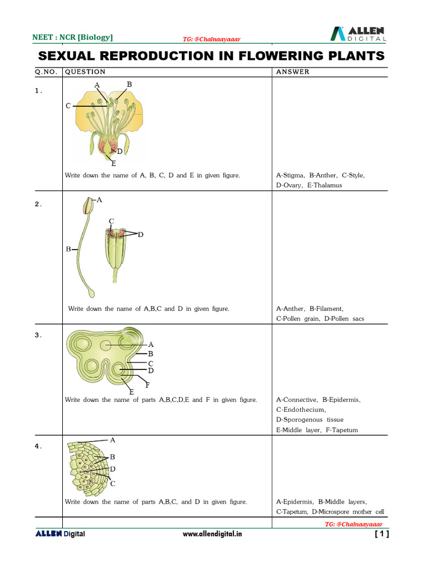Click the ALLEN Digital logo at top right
[x=358, y=34]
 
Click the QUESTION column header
[x=85, y=72]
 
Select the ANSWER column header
[x=292, y=72]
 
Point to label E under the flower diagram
[x=113, y=163]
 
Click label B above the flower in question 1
[x=129, y=84]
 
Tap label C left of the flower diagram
[x=68, y=106]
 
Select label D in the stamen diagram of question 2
[x=140, y=235]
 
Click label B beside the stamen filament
[x=68, y=249]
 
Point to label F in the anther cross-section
[x=148, y=385]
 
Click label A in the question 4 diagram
[x=112, y=440]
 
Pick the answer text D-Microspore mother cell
[x=348, y=512]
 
